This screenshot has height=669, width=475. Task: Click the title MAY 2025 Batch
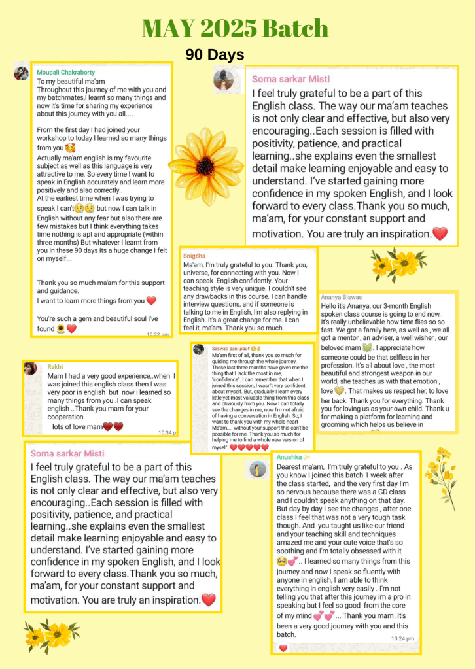(235, 28)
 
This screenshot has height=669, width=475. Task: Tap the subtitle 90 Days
(215, 55)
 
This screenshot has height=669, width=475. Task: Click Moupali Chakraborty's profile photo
(21, 73)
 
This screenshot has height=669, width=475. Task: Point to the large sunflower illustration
(205, 165)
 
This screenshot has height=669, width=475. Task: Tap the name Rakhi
(55, 367)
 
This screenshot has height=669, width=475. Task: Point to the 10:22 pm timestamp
(158, 334)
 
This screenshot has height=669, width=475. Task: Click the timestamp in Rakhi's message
(167, 432)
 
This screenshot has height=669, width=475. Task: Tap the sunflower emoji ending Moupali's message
(61, 328)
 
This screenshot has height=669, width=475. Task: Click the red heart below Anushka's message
(283, 648)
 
